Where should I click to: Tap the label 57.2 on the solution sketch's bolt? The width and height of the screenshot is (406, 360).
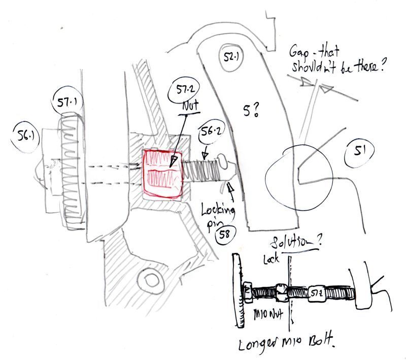click(316, 293)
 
